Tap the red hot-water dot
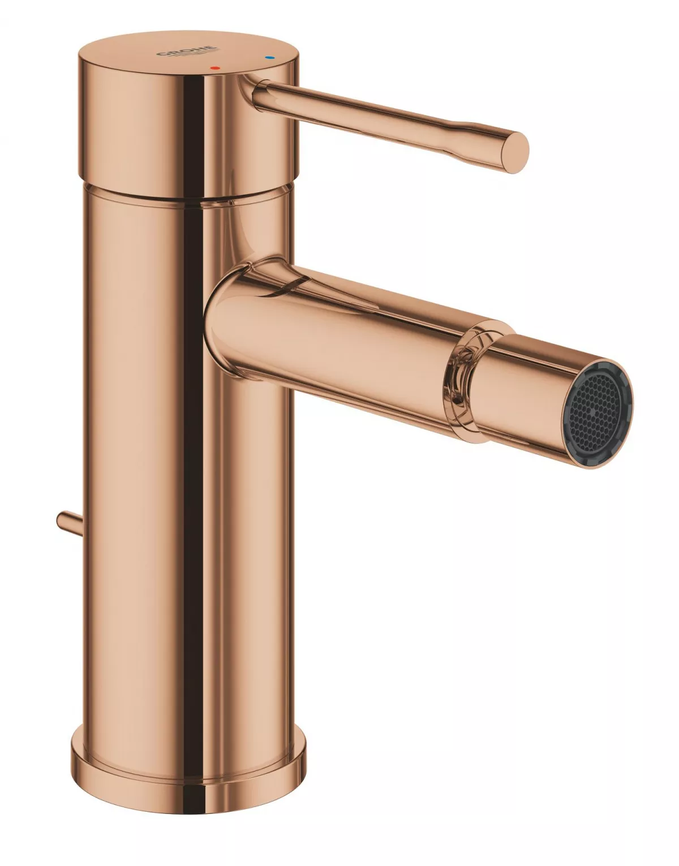click(213, 67)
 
